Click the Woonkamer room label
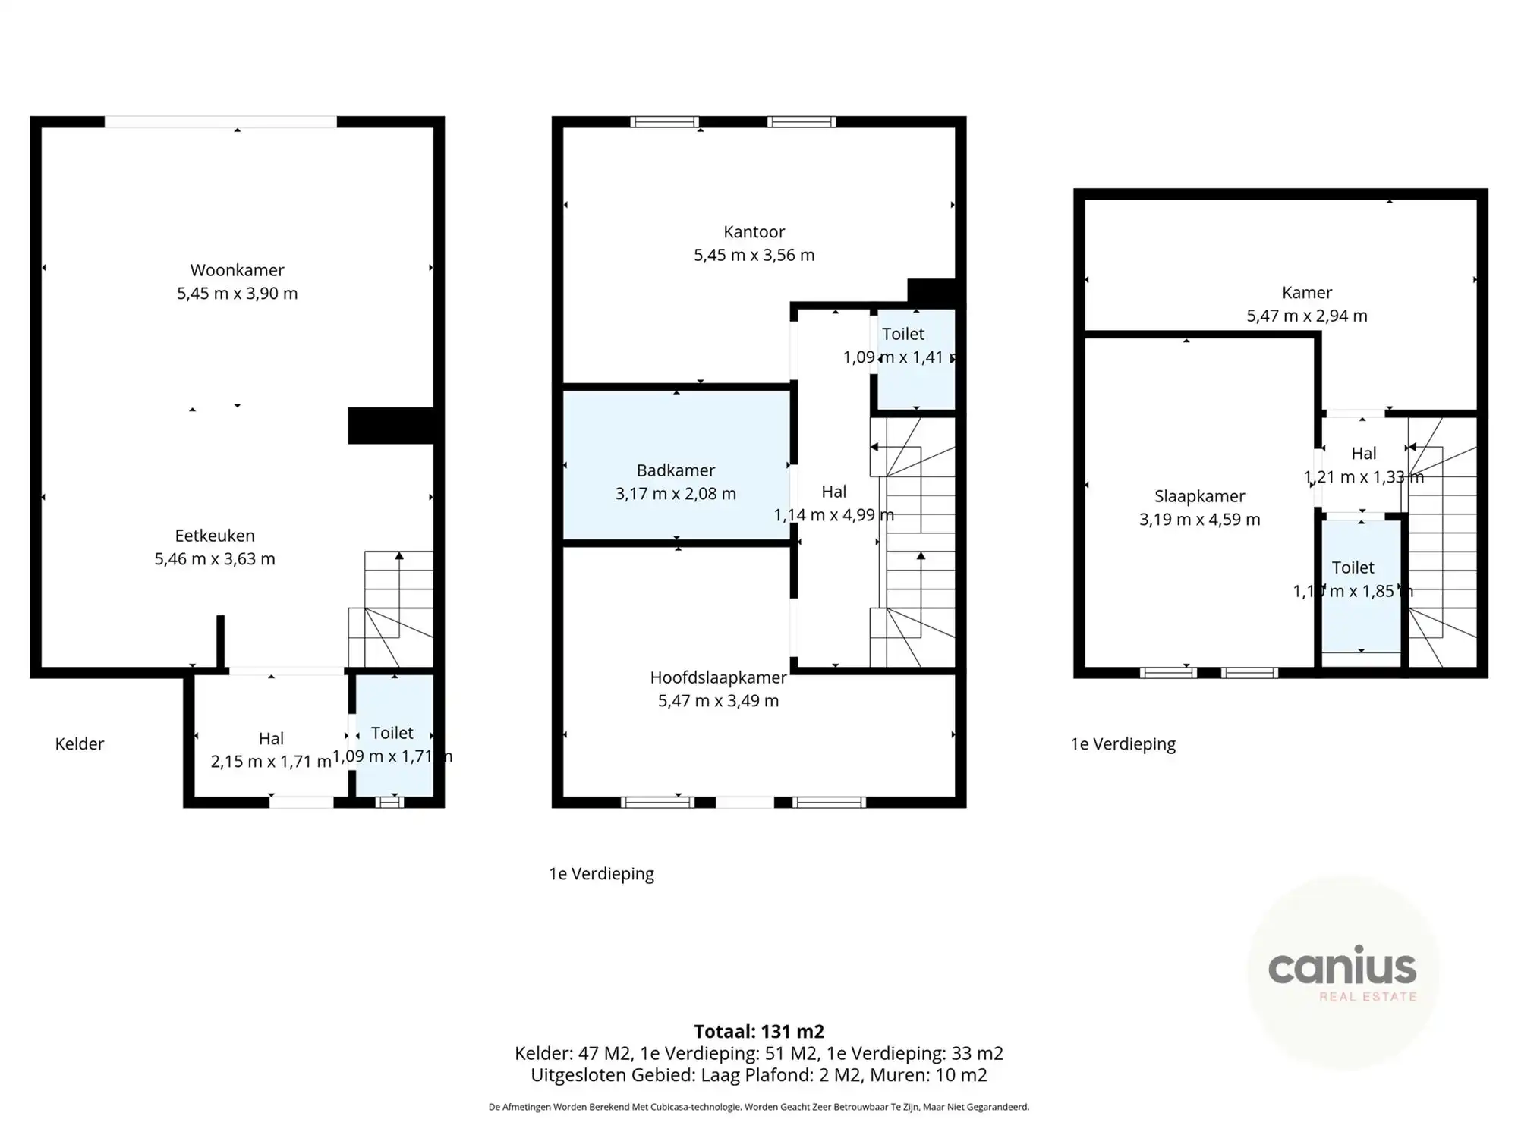237,270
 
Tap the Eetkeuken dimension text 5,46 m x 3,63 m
215,559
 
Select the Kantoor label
754,231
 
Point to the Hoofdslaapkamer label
718,677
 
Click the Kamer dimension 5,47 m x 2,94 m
1306,316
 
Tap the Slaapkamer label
1199,496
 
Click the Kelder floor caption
79,743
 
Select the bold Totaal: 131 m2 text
758,1031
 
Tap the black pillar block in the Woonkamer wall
390,426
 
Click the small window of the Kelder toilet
389,802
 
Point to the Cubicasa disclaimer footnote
758,1107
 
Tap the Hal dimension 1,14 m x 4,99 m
833,515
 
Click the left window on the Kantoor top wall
664,121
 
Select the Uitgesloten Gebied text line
758,1075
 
